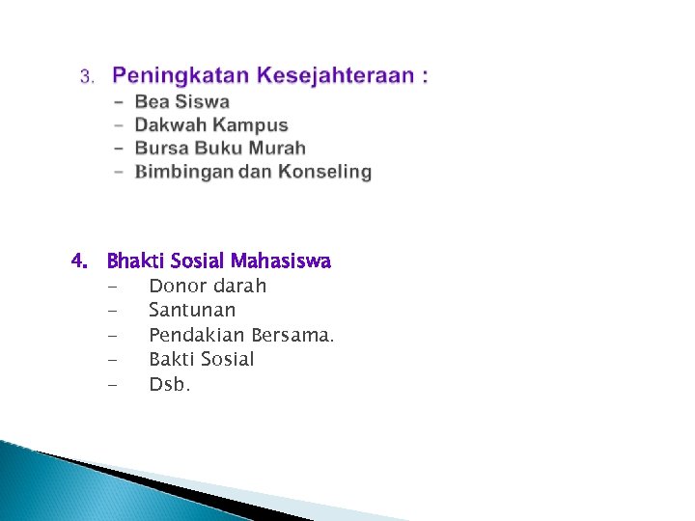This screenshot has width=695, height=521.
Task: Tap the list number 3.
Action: point(86,76)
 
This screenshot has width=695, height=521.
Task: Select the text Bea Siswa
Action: point(181,101)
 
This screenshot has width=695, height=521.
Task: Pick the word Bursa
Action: point(160,149)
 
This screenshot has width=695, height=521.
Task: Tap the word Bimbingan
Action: point(188,172)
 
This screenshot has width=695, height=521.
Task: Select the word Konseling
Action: point(324,172)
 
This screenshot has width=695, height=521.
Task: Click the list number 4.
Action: point(80,261)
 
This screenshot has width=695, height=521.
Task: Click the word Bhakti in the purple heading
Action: point(135,261)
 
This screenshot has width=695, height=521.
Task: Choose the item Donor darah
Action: point(208,287)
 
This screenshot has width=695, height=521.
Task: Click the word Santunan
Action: point(192,311)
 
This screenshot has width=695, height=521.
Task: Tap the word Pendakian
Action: point(197,335)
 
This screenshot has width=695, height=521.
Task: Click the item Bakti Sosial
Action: point(202,360)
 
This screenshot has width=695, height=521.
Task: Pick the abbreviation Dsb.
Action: point(170,384)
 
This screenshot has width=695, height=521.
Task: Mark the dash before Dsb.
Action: point(114,385)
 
